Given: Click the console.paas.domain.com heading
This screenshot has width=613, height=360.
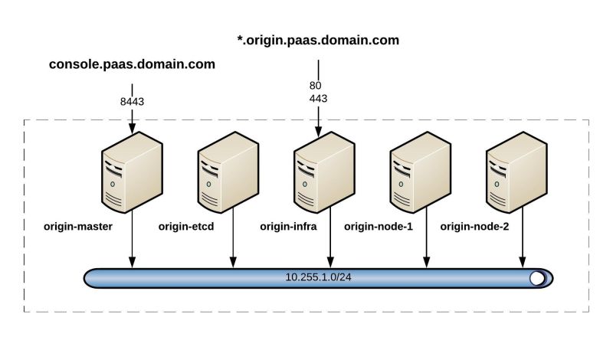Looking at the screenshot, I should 132,65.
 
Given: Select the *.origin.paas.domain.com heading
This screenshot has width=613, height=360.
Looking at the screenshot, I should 318,39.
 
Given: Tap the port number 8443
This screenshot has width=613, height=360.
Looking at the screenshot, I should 132,100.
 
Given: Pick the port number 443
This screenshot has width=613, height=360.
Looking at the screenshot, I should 318,99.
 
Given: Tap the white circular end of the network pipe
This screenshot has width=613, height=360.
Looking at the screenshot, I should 538,278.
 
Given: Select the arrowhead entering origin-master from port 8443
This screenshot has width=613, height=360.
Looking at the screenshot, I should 132,128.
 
